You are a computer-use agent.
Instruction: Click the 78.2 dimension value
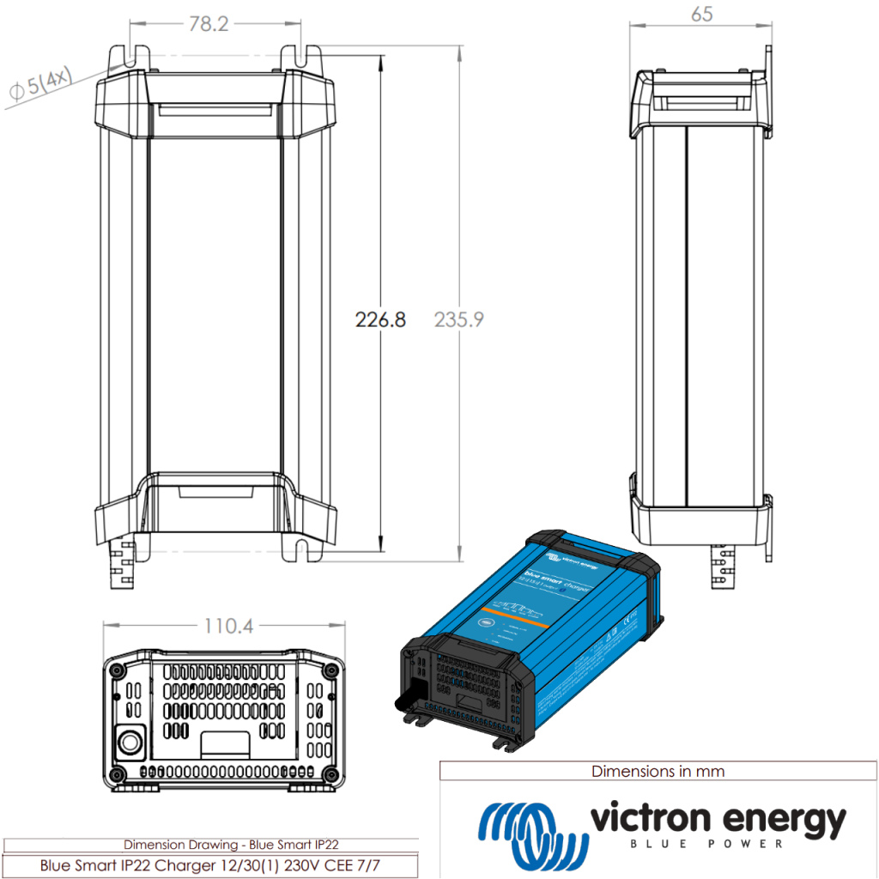tap(208, 24)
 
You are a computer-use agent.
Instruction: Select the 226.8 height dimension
tap(380, 320)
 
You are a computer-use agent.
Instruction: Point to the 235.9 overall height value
tap(459, 320)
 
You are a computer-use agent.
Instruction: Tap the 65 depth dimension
tap(701, 15)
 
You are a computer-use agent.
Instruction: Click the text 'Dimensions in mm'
tap(658, 772)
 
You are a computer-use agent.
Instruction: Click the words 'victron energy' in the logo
tap(717, 821)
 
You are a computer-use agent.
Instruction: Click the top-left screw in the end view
tap(116, 669)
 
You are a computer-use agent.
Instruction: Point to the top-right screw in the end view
tap(329, 669)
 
